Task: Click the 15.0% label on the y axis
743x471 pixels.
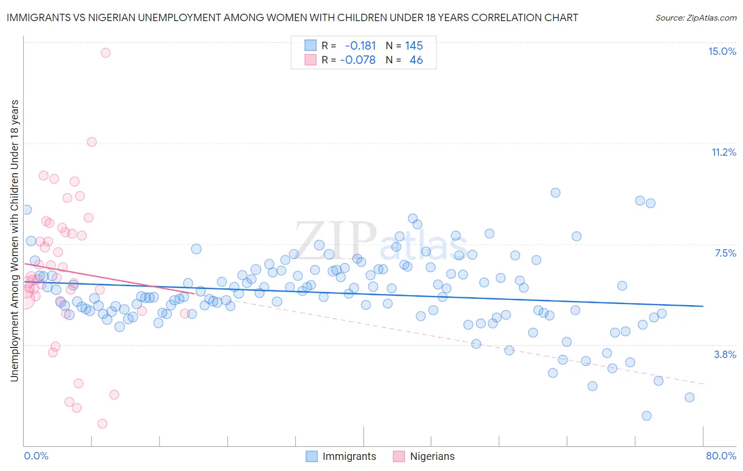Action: (x=722, y=51)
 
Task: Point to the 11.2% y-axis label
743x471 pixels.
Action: (x=723, y=152)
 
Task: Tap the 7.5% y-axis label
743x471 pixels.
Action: (x=725, y=253)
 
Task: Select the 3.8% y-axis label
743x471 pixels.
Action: (x=725, y=354)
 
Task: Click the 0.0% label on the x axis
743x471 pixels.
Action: (x=36, y=456)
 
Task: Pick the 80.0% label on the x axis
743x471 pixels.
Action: (x=721, y=456)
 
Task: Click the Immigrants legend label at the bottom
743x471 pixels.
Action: (x=349, y=456)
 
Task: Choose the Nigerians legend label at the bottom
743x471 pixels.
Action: (x=432, y=456)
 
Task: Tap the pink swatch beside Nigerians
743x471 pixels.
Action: (x=398, y=456)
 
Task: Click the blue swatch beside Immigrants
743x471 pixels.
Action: (x=312, y=456)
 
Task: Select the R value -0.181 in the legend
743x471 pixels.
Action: (x=360, y=45)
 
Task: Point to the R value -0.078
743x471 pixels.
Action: (x=358, y=60)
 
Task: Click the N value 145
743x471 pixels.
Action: (x=414, y=45)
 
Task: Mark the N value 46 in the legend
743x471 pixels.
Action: (x=416, y=60)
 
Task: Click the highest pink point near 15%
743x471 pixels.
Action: (x=105, y=52)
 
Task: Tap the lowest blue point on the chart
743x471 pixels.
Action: (x=646, y=416)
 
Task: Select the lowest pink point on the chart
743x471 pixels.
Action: (x=102, y=423)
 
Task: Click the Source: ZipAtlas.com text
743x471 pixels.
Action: (x=695, y=17)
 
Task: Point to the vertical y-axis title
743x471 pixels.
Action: (x=14, y=240)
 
